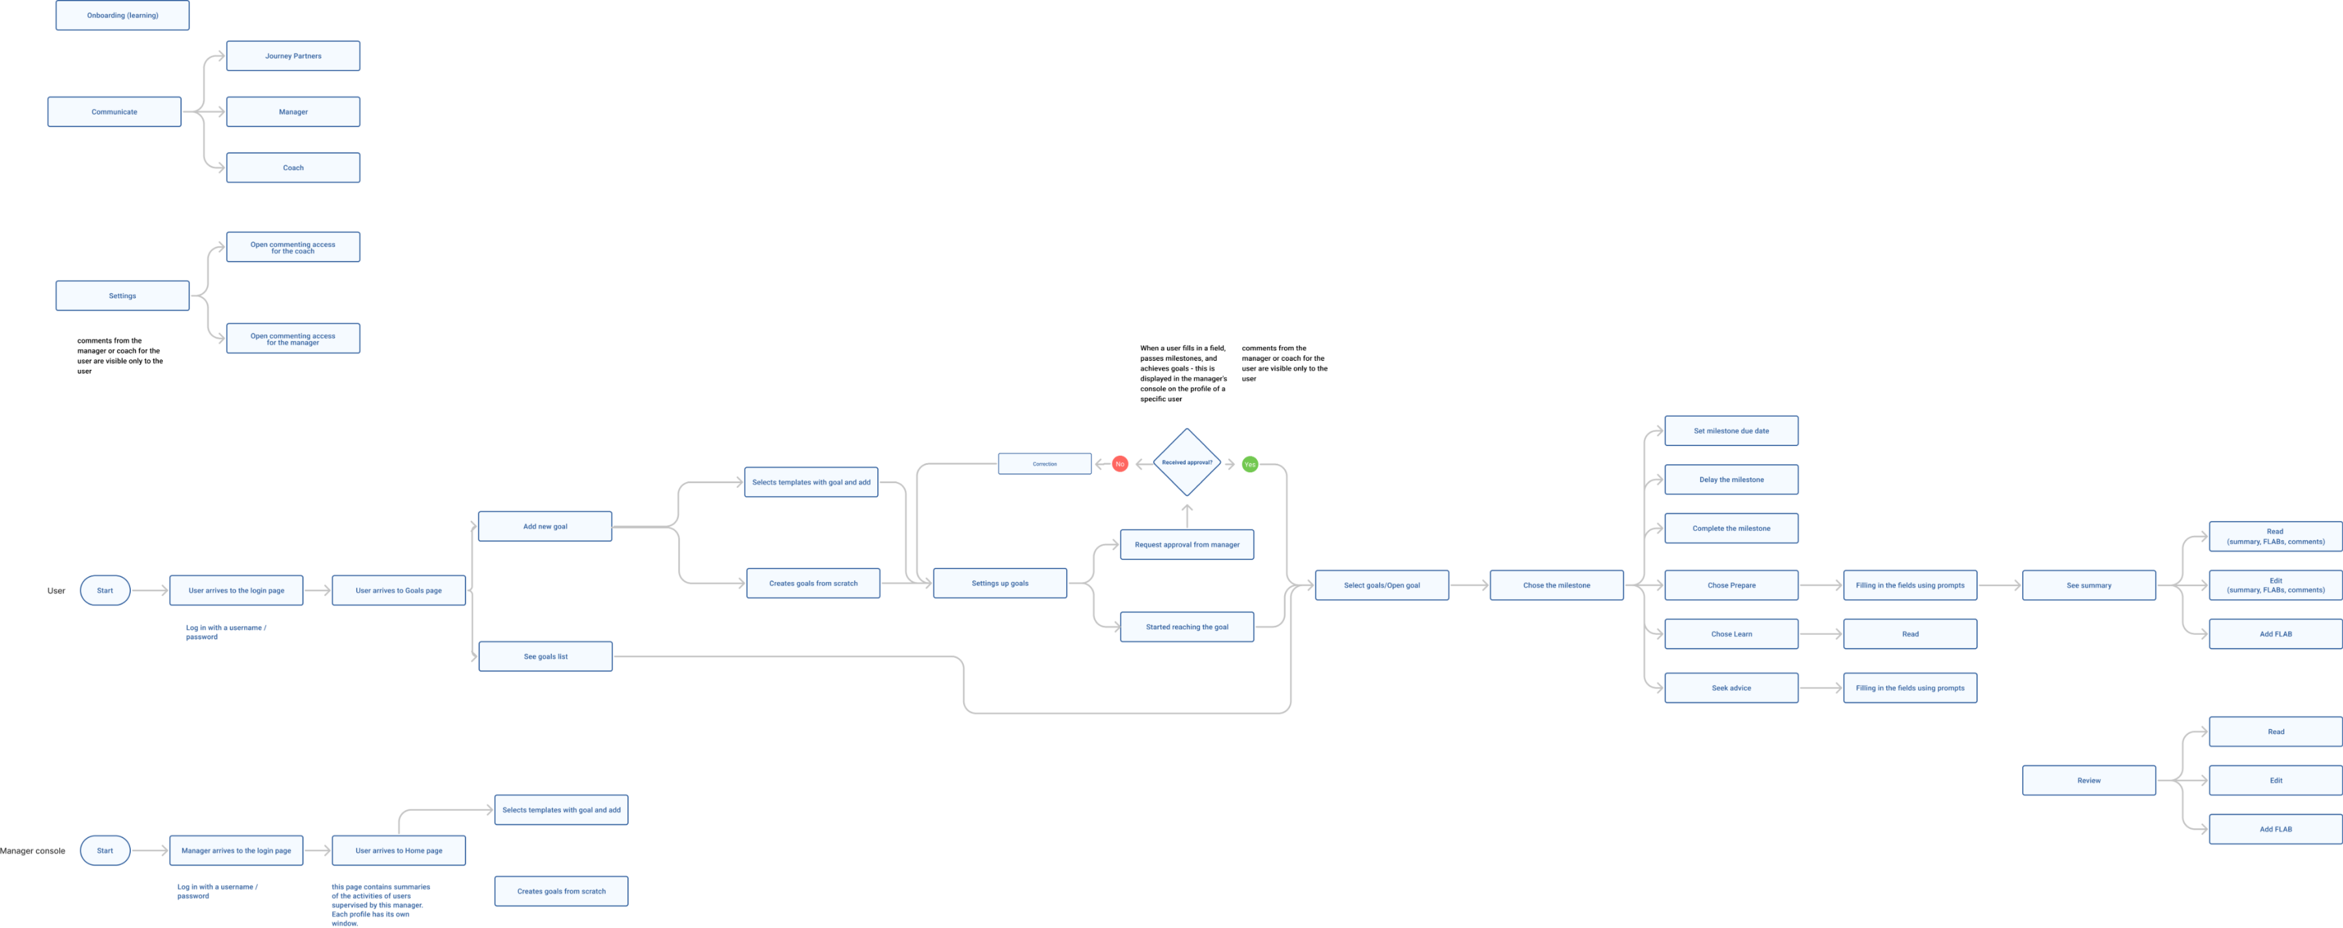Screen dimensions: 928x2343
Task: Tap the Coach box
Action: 293,167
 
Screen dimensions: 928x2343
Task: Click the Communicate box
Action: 115,112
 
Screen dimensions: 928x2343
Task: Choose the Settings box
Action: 122,296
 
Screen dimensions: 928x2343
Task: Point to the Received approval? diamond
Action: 1187,463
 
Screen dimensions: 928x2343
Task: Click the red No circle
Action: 1119,464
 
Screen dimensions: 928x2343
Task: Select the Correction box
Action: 1044,464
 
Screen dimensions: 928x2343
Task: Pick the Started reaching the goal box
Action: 1187,627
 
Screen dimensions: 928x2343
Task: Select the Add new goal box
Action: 545,527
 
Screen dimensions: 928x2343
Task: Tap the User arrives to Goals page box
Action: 398,591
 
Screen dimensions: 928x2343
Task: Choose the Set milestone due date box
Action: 1731,431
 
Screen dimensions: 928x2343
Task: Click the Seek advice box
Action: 1731,688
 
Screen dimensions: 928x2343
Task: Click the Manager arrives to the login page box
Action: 236,851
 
